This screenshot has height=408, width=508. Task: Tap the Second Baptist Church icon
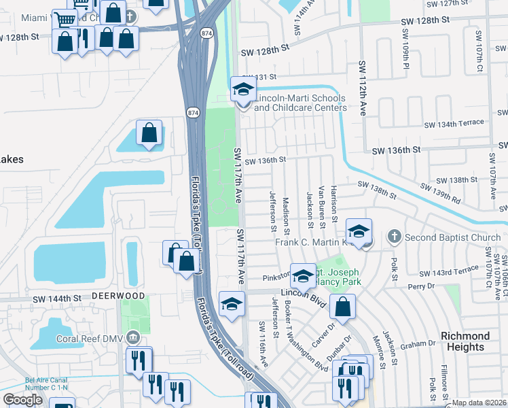click(393, 237)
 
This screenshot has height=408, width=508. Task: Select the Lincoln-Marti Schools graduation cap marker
click(243, 90)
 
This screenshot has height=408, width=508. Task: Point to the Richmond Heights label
click(465, 341)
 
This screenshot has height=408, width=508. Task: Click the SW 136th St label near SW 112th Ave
click(396, 150)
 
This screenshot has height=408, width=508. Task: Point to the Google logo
click(22, 400)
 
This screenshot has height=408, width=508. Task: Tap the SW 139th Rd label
click(440, 193)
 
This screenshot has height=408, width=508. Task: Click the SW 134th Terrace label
click(454, 123)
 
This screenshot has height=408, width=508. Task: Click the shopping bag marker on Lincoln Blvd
click(343, 306)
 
